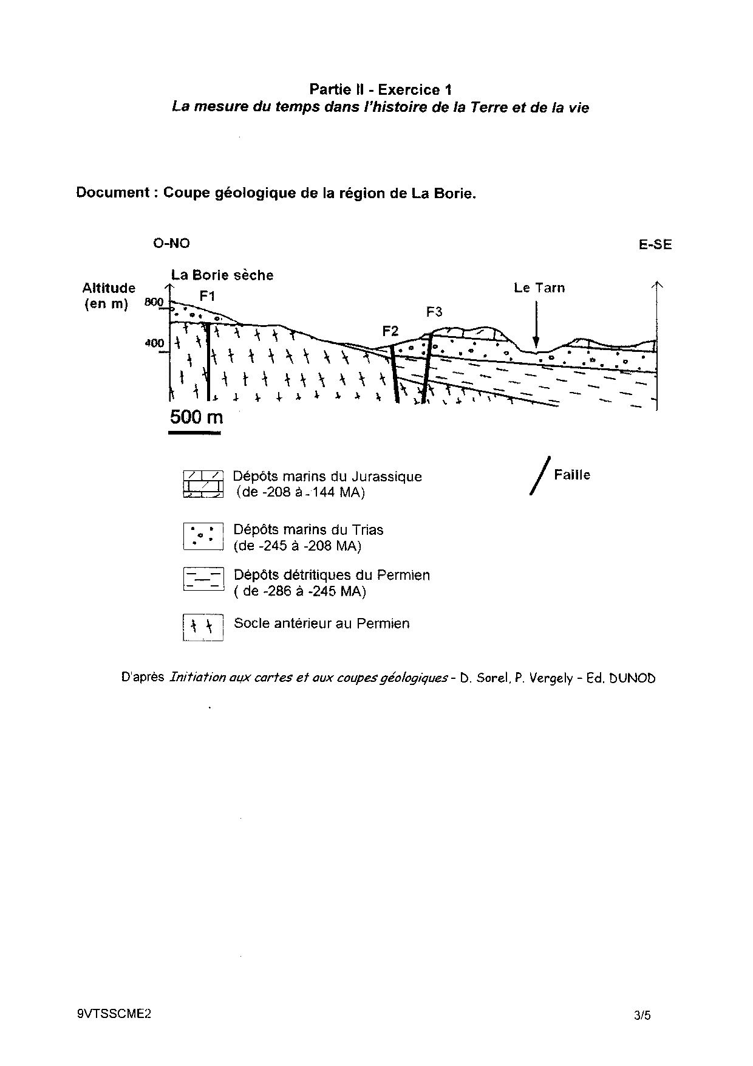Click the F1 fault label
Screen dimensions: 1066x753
point(207,297)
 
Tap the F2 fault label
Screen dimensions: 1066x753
point(390,331)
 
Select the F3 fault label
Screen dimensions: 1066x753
point(434,312)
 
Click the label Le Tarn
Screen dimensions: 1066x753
point(539,288)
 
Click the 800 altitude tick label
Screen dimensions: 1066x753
point(154,302)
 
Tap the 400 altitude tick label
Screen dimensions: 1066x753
point(154,343)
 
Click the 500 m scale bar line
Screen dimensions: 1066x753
point(194,433)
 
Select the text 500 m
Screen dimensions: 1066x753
point(196,417)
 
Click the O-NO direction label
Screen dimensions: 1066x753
point(171,244)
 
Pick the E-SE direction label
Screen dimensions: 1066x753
point(655,245)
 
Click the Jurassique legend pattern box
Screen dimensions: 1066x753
point(203,484)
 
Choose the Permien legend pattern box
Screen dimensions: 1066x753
point(203,580)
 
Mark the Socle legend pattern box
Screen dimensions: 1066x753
point(203,628)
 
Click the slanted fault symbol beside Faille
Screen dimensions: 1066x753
point(540,476)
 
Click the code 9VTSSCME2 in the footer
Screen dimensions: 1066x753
point(114,1014)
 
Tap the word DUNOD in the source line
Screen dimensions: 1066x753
point(632,678)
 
